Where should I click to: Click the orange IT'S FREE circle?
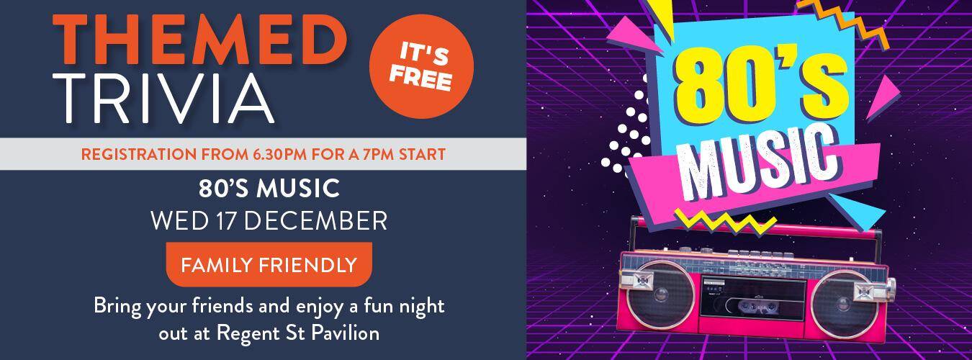coord(421,66)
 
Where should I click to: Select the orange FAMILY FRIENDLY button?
coord(269,264)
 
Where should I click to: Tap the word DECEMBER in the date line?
coord(315,221)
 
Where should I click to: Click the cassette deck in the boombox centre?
coord(753,300)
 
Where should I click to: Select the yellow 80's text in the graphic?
coord(760,86)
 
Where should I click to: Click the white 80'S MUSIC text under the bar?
coord(269,189)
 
